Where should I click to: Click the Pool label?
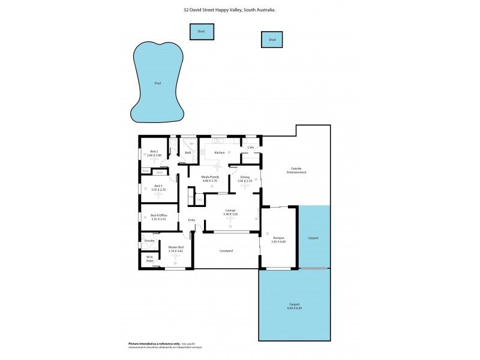point(158,83)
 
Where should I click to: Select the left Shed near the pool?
point(202,32)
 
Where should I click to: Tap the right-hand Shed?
point(272,40)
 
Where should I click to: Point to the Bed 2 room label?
point(154,151)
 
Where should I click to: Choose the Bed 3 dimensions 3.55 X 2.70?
point(158,190)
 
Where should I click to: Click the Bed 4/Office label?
point(158,215)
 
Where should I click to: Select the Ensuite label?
point(149,241)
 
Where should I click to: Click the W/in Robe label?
point(150,259)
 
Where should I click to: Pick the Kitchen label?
point(220,152)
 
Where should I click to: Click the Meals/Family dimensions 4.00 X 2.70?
point(210,181)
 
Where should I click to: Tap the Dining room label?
point(245,177)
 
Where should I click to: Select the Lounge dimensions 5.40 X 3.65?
point(230,214)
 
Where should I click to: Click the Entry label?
point(191,220)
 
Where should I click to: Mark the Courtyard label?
point(226,250)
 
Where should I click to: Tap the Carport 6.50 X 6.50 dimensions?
point(294,308)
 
